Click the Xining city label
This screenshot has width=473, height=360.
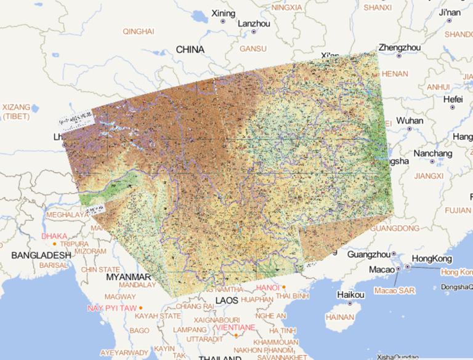pyautogui.click(x=223, y=13)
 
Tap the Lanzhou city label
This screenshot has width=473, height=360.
pyautogui.click(x=254, y=23)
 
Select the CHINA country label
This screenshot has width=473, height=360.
pyautogui.click(x=190, y=49)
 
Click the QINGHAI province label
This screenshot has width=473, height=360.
pyautogui.click(x=139, y=31)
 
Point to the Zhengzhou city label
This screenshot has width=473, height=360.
pyautogui.click(x=400, y=47)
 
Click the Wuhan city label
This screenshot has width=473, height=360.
pyautogui.click(x=410, y=121)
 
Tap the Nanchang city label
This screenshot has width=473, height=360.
pyautogui.click(x=432, y=153)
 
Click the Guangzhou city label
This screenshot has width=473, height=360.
pyautogui.click(x=369, y=254)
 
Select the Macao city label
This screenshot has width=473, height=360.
pyautogui.click(x=381, y=270)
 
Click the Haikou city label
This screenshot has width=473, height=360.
pyautogui.click(x=350, y=294)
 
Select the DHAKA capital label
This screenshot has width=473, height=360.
pyautogui.click(x=54, y=236)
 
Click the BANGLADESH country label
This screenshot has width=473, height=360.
pyautogui.click(x=42, y=255)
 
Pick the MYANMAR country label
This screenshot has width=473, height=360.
pyautogui.click(x=129, y=278)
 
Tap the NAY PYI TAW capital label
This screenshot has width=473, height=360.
pyautogui.click(x=112, y=308)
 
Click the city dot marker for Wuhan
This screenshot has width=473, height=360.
pyautogui.click(x=409, y=129)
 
